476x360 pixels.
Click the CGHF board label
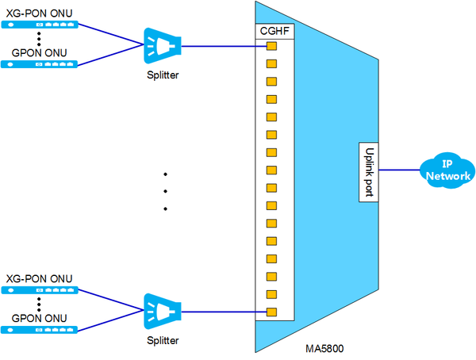[275, 31]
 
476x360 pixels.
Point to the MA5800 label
[324, 348]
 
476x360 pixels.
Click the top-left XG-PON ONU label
[38, 10]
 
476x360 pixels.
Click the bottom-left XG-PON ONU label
[38, 278]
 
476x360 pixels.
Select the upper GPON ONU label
[38, 52]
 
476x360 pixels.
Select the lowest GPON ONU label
[38, 317]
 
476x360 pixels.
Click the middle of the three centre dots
[166, 191]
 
